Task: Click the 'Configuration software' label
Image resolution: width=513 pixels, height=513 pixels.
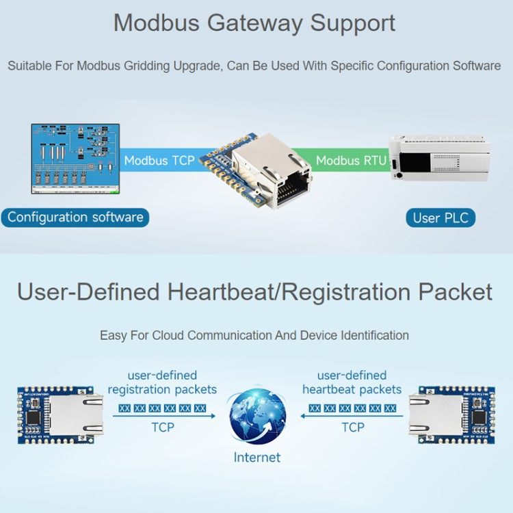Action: click(75, 218)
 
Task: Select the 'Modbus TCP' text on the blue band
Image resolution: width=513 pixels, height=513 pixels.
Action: click(159, 161)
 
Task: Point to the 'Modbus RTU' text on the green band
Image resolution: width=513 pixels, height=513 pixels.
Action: click(352, 161)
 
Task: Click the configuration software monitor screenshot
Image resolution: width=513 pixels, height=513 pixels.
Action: click(75, 158)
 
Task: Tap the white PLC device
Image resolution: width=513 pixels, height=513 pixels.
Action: click(439, 157)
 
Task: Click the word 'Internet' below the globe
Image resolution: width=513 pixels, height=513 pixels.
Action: click(257, 457)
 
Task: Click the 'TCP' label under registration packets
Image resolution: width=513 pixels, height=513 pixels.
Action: click(162, 428)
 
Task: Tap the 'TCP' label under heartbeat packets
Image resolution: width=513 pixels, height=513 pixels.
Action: click(352, 428)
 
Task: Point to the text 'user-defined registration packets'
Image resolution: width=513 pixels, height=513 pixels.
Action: click(162, 382)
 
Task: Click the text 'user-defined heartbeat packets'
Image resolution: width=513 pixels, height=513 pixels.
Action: click(352, 382)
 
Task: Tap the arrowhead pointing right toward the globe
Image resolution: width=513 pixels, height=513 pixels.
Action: click(212, 415)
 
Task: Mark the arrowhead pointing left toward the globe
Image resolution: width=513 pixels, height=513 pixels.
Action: click(302, 415)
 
